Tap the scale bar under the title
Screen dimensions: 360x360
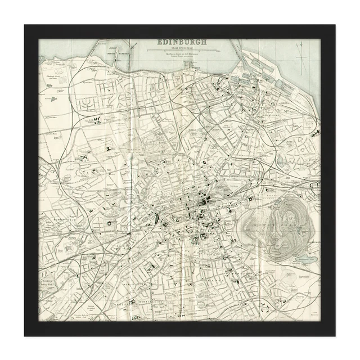(182, 51)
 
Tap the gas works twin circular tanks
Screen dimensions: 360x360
(59, 80)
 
